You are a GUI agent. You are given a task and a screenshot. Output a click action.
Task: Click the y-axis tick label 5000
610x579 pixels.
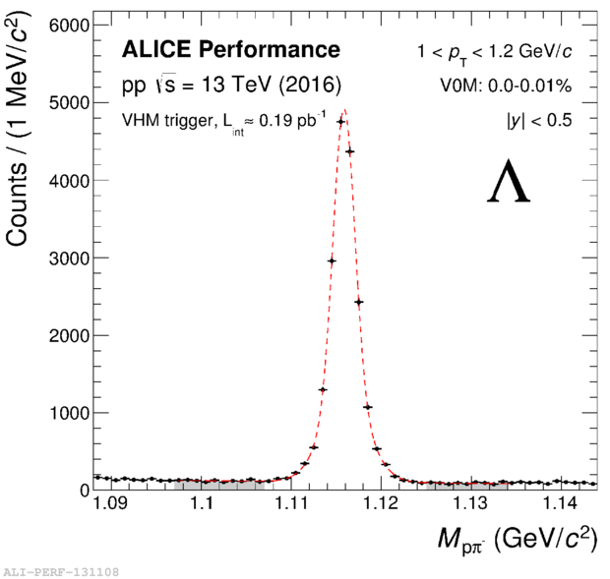point(66,102)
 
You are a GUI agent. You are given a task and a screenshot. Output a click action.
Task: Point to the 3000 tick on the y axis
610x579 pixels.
point(66,258)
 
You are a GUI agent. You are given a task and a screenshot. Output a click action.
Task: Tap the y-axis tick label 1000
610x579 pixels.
point(66,413)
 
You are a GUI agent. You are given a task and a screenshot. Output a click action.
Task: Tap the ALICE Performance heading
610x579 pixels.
point(230,50)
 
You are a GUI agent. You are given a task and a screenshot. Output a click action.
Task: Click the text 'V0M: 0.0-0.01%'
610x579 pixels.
point(506,86)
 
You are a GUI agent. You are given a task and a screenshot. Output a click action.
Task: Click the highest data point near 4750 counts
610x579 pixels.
point(340,122)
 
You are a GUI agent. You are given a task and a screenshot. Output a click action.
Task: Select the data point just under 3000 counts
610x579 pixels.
point(332,261)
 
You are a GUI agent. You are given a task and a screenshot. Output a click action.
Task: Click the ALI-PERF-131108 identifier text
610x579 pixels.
point(62,571)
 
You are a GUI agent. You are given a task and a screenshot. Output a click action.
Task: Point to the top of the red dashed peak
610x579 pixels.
point(343,110)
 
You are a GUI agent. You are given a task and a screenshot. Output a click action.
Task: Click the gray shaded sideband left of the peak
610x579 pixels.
point(218,485)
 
